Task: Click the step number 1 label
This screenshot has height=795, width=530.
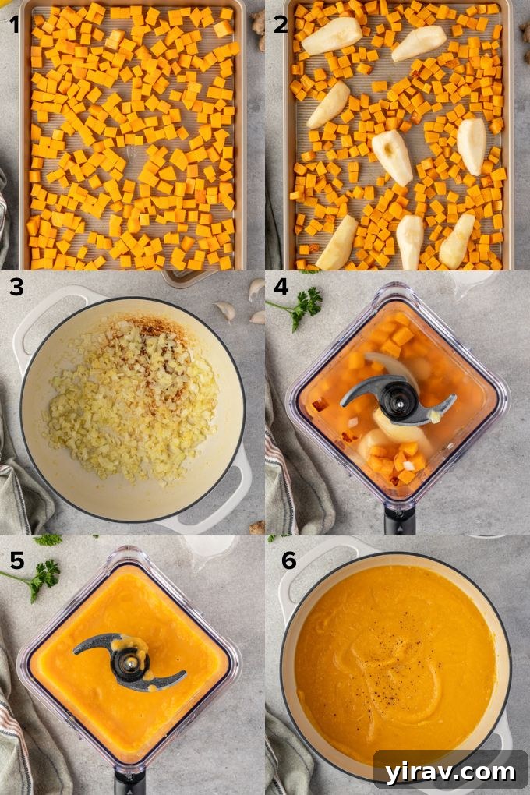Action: pyautogui.click(x=14, y=24)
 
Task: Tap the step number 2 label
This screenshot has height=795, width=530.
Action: pyautogui.click(x=280, y=24)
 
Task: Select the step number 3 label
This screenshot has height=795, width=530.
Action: pyautogui.click(x=16, y=288)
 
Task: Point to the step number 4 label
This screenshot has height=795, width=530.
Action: pyautogui.click(x=281, y=288)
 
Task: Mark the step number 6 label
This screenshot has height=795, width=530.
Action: pyautogui.click(x=289, y=559)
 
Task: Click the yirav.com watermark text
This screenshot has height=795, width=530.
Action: pyautogui.click(x=450, y=772)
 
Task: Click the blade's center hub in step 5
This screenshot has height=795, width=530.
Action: pyautogui.click(x=129, y=663)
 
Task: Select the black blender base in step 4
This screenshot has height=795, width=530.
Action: pyautogui.click(x=399, y=520)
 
